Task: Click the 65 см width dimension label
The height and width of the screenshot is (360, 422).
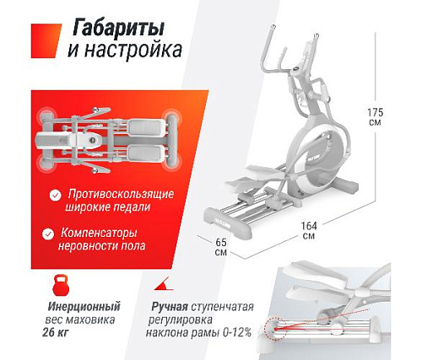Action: pos(220,247)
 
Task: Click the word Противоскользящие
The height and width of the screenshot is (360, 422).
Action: pos(122,193)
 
